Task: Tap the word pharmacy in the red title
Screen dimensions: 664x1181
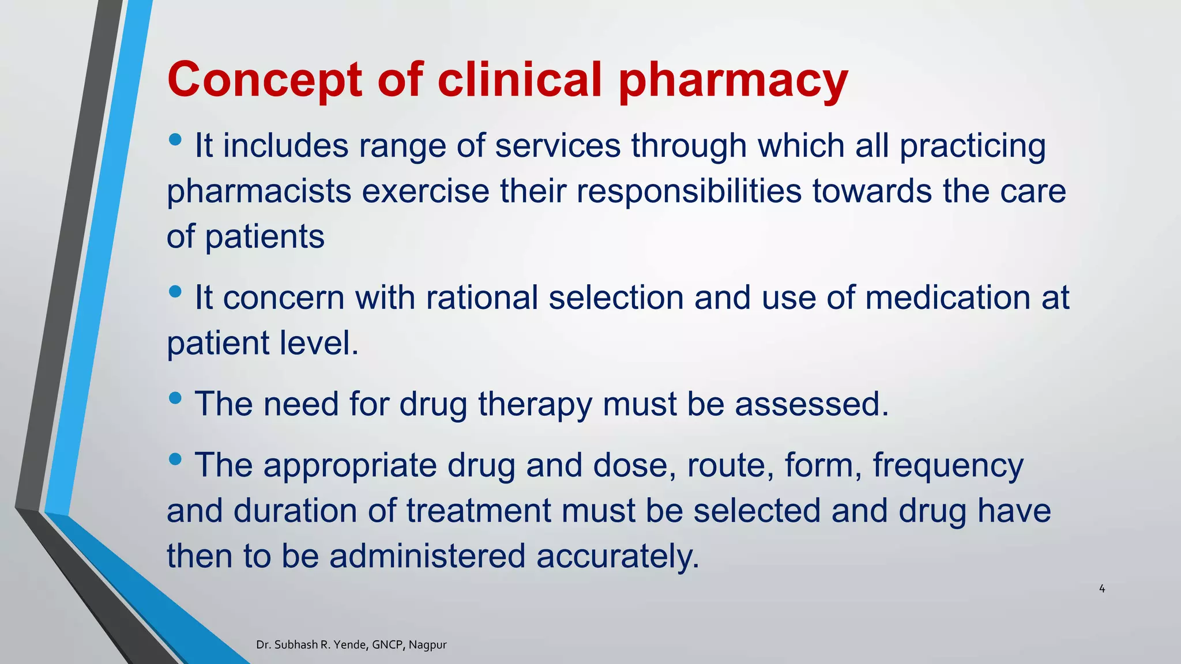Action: tap(733, 81)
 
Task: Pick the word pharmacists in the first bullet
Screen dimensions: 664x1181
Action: tap(259, 191)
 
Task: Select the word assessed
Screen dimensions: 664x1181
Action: tap(811, 404)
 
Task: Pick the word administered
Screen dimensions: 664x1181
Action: tap(427, 557)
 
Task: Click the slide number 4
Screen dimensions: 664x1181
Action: tap(1102, 588)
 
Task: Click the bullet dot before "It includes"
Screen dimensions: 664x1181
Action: tap(176, 139)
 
